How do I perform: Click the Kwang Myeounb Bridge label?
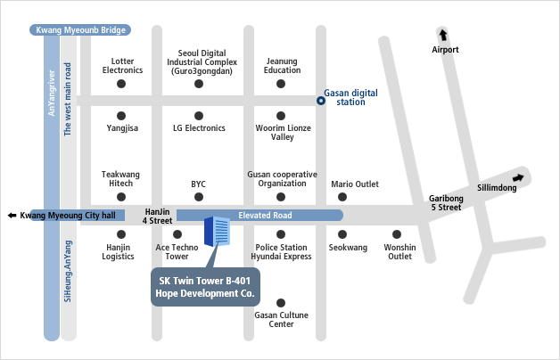(x=80, y=30)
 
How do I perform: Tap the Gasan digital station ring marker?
(x=321, y=101)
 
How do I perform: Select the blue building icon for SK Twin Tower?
(x=216, y=232)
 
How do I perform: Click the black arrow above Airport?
(x=444, y=35)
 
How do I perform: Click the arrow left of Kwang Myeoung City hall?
(x=11, y=216)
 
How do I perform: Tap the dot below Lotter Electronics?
(x=121, y=84)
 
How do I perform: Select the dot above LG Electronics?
(x=199, y=115)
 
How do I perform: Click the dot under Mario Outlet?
(x=354, y=197)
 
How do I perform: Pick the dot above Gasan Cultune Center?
(x=281, y=304)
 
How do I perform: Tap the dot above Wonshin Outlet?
(x=399, y=234)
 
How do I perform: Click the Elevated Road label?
(x=265, y=216)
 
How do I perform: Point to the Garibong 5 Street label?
(x=445, y=203)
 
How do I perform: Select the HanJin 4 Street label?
(x=158, y=216)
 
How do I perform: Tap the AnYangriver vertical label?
(x=51, y=92)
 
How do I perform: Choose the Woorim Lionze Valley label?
(x=281, y=133)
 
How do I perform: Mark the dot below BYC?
(x=199, y=197)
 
